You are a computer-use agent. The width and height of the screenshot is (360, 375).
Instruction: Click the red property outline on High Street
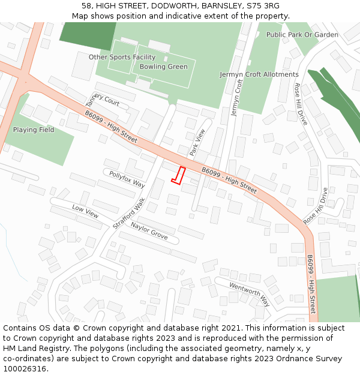click(x=178, y=175)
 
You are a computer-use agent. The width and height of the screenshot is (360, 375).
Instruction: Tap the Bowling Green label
click(x=163, y=67)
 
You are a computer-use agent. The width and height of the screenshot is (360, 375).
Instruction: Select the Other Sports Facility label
click(x=122, y=57)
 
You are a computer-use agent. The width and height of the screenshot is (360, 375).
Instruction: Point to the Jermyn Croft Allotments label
click(x=259, y=74)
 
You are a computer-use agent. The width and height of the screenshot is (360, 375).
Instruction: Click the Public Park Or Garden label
click(x=302, y=35)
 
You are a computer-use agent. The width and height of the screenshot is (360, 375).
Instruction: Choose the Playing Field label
click(x=34, y=130)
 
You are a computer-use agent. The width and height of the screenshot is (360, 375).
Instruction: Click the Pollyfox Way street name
click(x=127, y=178)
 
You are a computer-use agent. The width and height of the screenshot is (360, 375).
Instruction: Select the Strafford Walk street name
click(x=129, y=213)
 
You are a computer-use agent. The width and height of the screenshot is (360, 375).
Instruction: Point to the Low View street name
click(x=85, y=211)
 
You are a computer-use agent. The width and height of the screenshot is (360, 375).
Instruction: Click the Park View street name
click(x=197, y=143)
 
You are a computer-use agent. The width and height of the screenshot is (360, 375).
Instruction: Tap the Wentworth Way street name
click(x=250, y=294)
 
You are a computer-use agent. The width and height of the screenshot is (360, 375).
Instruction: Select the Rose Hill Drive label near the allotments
click(x=301, y=104)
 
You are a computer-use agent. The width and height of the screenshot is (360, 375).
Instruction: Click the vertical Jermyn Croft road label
click(x=236, y=97)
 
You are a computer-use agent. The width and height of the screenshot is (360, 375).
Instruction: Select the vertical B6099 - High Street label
click(x=311, y=284)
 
